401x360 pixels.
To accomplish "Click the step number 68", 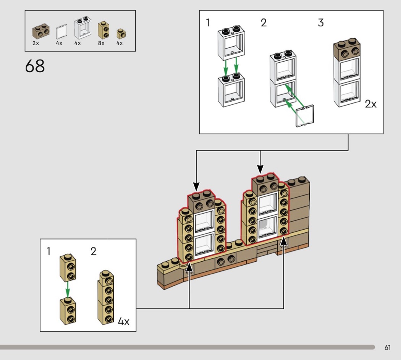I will pyautogui.click(x=35, y=66).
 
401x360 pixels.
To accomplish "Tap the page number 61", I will pyautogui.click(x=388, y=347).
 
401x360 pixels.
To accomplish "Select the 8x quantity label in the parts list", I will pyautogui.click(x=101, y=43).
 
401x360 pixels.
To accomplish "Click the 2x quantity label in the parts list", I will pyautogui.click(x=36, y=43).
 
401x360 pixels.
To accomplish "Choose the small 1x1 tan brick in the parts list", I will pyautogui.click(x=121, y=34).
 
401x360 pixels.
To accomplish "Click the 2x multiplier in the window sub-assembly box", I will pyautogui.click(x=370, y=104).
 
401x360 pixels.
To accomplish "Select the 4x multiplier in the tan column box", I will pyautogui.click(x=123, y=321).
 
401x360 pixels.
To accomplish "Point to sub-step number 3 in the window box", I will pyautogui.click(x=320, y=23).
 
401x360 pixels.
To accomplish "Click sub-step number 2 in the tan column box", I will pyautogui.click(x=94, y=251).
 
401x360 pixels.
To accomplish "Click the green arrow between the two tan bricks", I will pyautogui.click(x=68, y=290).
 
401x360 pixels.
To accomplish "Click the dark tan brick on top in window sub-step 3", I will pyautogui.click(x=347, y=48).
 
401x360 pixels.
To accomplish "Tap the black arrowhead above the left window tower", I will pyautogui.click(x=196, y=188).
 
